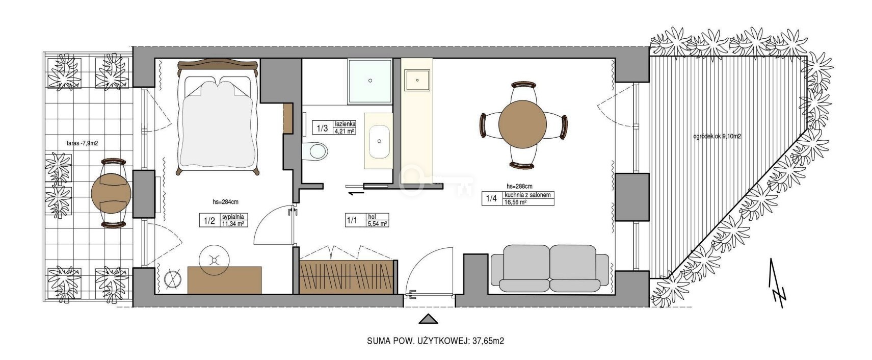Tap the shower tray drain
[370, 81]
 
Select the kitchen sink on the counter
[417, 80]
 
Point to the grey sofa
[550, 268]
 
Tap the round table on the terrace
[111, 193]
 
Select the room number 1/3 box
[322, 128]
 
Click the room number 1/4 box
[492, 198]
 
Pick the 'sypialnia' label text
[232, 217]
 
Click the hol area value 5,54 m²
[377, 224]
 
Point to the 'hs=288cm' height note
[519, 186]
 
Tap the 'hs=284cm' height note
[225, 202]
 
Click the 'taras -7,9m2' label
[82, 143]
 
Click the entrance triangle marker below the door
[428, 319]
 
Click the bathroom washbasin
[379, 142]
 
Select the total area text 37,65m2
[488, 341]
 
